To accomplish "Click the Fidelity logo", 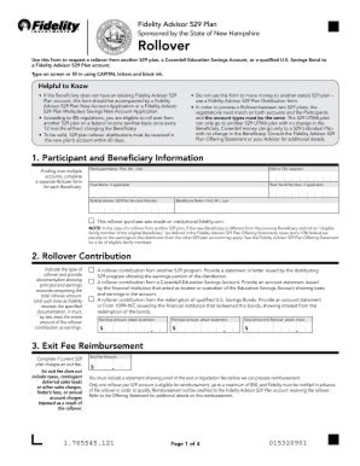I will pos(49,25).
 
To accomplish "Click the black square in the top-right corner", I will pos(333,26).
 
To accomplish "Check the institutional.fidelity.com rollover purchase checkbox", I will pos(91,220).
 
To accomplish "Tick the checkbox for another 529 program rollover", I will pos(91,270).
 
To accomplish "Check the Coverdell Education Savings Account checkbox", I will pos(91,282).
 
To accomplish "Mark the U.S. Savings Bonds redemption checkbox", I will pos(91,299).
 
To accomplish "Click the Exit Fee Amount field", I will pos(110,365).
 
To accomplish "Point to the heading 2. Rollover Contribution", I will pos(81,257).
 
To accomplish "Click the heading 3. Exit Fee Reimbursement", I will pos(87,346).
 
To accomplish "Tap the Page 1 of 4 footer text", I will pos(185,444).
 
